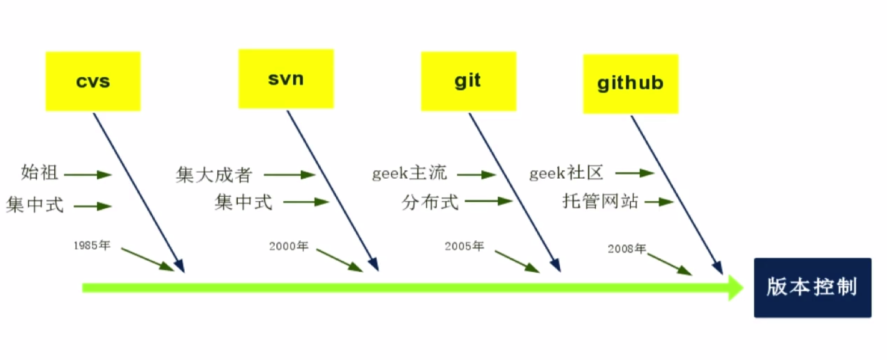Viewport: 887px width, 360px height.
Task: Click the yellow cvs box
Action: [x=93, y=81]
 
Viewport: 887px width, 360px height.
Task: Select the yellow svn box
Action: [x=286, y=79]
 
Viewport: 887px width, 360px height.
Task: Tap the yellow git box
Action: [x=468, y=81]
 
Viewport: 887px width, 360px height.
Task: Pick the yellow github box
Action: [x=630, y=84]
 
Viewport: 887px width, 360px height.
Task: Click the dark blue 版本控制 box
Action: [x=812, y=287]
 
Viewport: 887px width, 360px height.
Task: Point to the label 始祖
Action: [x=40, y=173]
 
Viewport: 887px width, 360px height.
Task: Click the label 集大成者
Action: [x=214, y=175]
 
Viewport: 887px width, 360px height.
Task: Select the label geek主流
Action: [x=409, y=174]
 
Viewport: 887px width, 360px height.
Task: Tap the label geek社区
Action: [x=566, y=173]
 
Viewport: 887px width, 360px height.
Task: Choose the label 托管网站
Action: [x=600, y=201]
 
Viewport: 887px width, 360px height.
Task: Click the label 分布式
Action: [x=430, y=202]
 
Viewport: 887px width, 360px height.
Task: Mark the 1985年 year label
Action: [x=92, y=246]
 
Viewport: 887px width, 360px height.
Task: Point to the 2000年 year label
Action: [x=288, y=246]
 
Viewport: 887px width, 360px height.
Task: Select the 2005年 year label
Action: [x=464, y=246]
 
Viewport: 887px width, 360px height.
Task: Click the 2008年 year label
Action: [x=626, y=248]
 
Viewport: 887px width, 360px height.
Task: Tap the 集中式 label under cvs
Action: [x=34, y=205]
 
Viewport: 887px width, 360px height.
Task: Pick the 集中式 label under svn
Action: [x=243, y=202]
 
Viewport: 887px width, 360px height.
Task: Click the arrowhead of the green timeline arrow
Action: [x=736, y=288]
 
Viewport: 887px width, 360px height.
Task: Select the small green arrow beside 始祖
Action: [x=88, y=175]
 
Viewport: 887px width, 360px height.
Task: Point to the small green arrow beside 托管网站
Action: [x=658, y=202]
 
